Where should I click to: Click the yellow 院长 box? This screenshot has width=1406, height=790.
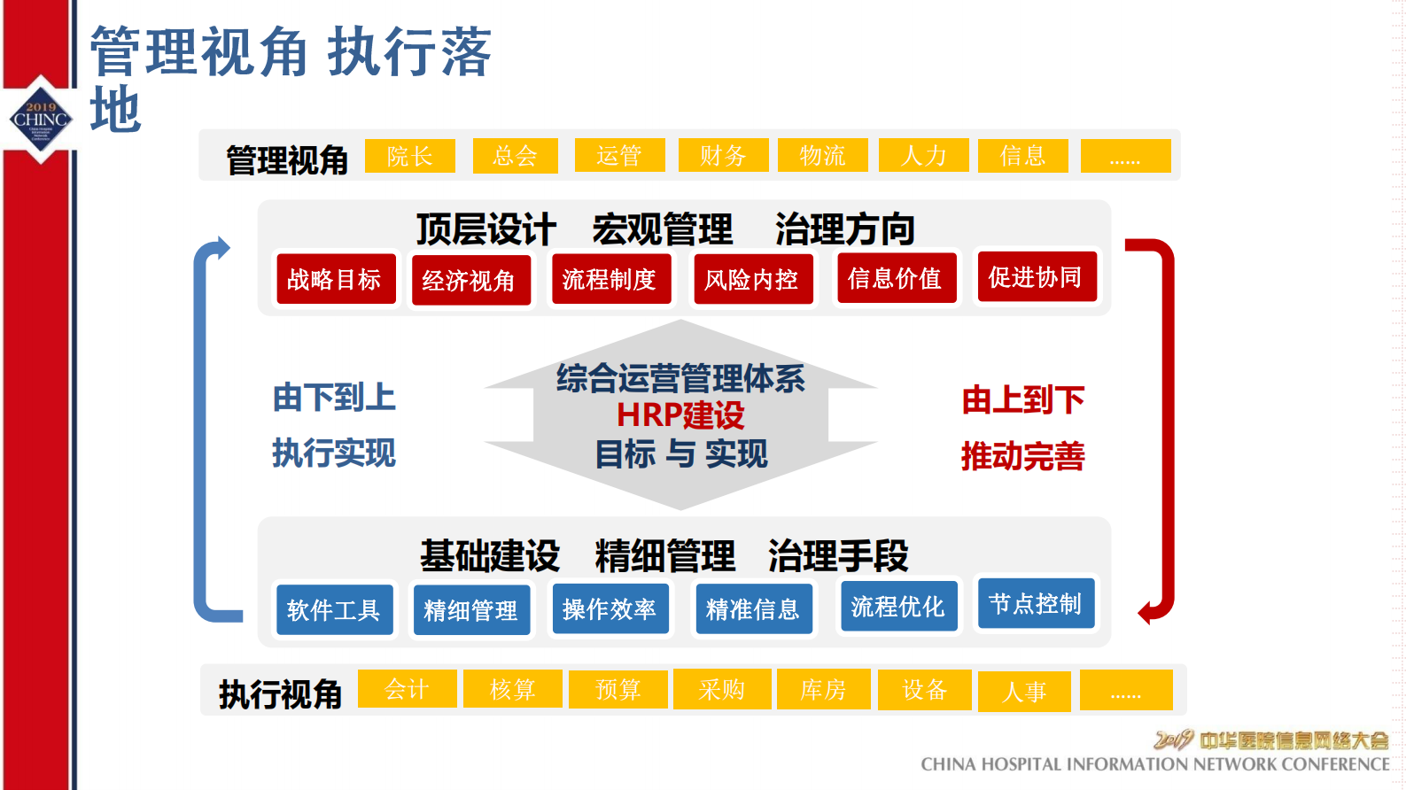[409, 156]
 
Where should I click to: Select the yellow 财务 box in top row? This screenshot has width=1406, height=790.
[722, 155]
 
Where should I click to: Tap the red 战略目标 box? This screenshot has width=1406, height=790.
[335, 279]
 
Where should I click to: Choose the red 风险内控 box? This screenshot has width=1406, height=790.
[752, 279]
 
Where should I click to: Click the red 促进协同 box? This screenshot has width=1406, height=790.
[1036, 277]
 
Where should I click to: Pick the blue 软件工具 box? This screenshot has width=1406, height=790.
[334, 609]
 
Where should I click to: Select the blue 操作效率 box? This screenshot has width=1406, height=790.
[610, 608]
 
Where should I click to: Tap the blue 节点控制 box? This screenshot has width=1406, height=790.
[1036, 604]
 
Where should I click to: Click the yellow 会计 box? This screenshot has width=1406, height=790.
[407, 689]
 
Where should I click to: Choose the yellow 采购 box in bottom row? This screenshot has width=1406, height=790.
[721, 689]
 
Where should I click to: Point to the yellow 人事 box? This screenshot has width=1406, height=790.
[1024, 692]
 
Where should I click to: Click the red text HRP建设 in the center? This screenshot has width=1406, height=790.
[680, 415]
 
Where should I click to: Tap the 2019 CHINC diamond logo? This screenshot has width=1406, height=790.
[41, 119]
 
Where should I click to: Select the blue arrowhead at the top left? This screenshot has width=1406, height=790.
[222, 247]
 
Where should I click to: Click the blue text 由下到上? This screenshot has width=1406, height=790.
[334, 398]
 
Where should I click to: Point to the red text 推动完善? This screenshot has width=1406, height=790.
[1022, 456]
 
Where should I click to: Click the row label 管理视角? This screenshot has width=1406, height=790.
[286, 160]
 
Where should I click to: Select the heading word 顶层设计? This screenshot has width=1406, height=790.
[485, 229]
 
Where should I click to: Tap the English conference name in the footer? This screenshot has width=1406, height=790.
[1154, 764]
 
